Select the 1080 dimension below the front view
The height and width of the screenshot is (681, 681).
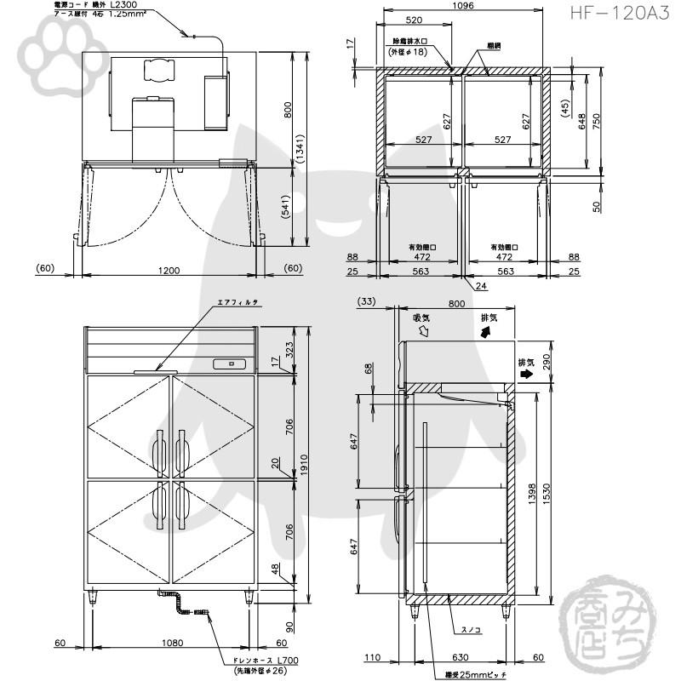(170, 644)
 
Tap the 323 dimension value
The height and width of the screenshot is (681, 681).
(289, 349)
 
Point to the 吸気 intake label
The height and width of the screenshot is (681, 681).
(421, 318)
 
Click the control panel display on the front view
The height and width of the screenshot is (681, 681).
(230, 364)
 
